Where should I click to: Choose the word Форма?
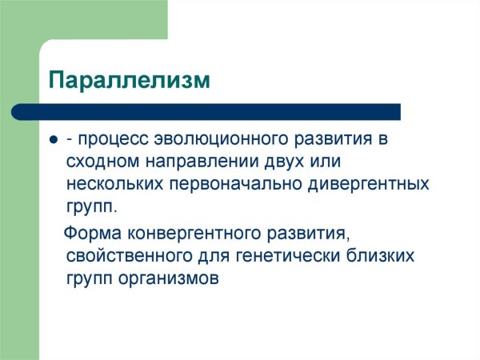tap(90, 235)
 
